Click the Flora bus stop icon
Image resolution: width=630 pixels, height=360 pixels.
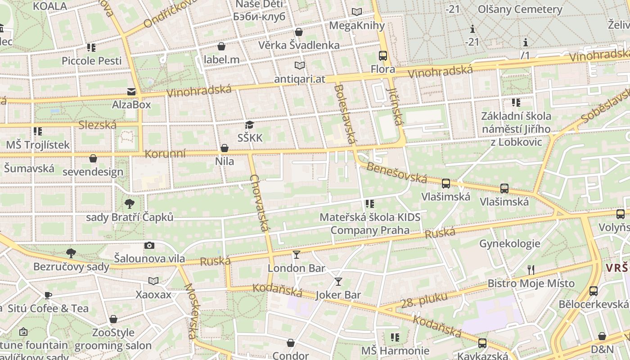[x=383, y=56]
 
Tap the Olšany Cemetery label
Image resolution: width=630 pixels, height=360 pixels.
[x=520, y=9]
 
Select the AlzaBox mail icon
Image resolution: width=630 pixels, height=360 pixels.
[x=131, y=92]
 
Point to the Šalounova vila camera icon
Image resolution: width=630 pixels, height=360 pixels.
[x=149, y=245]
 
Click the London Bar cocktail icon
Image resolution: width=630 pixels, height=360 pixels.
[x=296, y=255]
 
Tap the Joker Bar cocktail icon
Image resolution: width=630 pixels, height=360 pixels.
[x=338, y=282]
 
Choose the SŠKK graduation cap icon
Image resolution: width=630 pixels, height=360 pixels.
[x=250, y=125]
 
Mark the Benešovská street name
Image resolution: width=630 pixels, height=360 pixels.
[x=396, y=173]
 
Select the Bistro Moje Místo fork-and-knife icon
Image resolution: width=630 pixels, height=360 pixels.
[x=531, y=270]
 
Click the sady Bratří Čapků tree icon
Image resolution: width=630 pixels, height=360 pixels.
[x=130, y=203]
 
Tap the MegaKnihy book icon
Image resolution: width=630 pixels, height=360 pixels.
[x=357, y=12]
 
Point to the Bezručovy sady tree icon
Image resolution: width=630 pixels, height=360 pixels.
[x=71, y=253]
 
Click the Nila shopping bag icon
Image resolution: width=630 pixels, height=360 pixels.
[x=225, y=148]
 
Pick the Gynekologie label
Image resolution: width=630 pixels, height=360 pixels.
[x=509, y=244]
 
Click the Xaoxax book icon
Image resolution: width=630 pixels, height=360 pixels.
[x=153, y=281]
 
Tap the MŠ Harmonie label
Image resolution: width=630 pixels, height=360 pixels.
[x=395, y=351]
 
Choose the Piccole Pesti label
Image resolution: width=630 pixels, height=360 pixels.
[x=92, y=61]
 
